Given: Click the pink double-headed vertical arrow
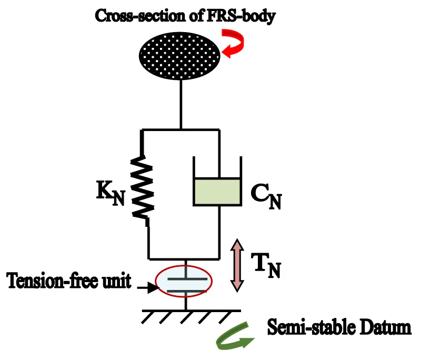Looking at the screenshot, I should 237,265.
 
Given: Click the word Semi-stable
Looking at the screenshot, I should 305,327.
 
